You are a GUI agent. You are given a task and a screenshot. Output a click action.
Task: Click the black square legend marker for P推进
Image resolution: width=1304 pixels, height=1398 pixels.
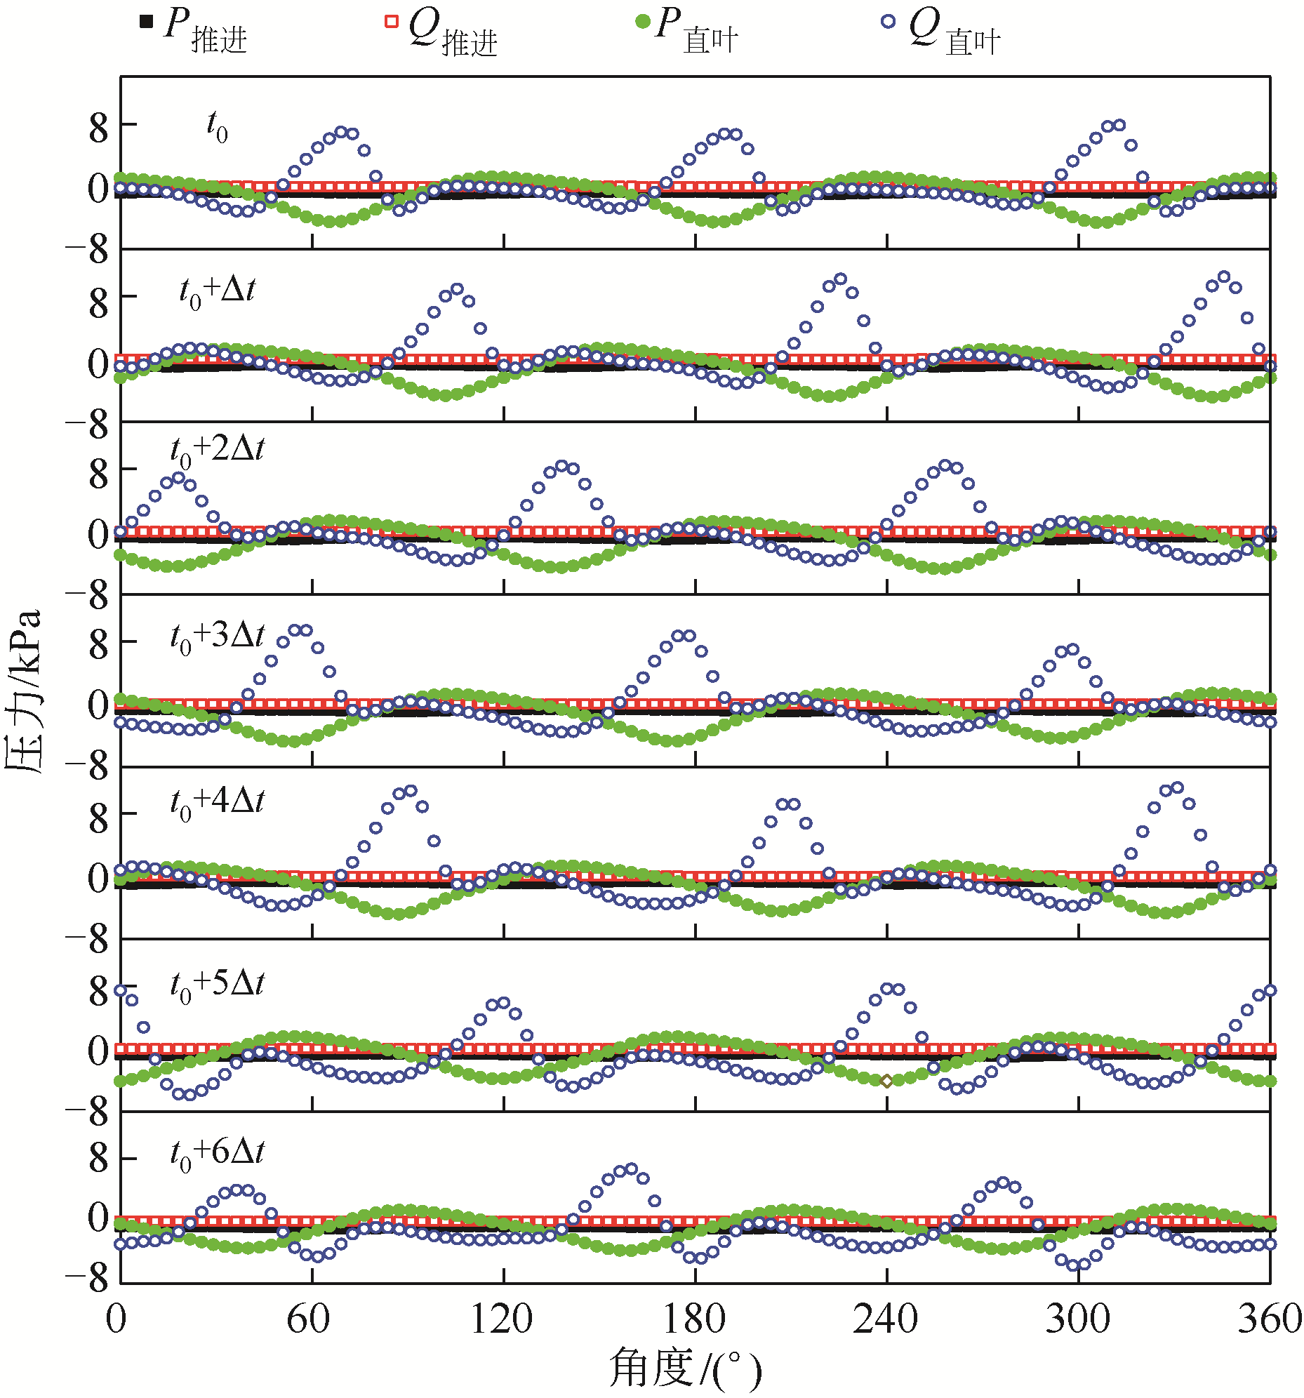click(x=146, y=22)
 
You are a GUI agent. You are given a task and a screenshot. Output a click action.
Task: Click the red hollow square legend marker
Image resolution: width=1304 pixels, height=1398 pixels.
click(x=391, y=22)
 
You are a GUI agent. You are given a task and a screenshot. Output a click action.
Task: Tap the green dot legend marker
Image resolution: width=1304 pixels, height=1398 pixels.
click(x=642, y=22)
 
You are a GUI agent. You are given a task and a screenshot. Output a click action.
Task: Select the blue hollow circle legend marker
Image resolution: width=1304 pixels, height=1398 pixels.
click(x=889, y=22)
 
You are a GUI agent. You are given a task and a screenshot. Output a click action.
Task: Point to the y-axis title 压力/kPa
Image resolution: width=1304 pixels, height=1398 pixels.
click(x=24, y=692)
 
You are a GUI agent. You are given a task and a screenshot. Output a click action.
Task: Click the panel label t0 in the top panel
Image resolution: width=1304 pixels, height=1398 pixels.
click(x=217, y=126)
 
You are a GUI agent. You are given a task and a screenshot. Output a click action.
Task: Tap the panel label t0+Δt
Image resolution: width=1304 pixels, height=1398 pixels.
click(x=218, y=293)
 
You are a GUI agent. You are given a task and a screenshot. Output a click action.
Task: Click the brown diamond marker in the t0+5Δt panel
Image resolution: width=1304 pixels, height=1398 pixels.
click(x=886, y=1081)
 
